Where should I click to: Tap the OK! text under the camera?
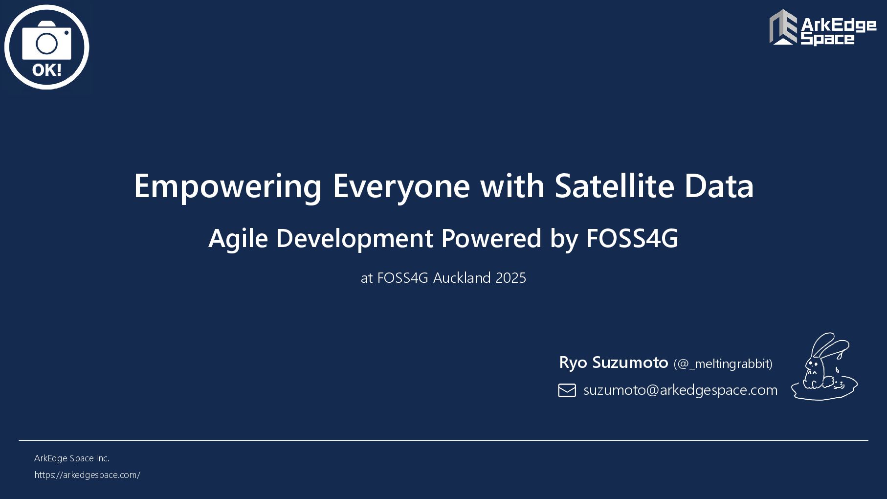[47, 70]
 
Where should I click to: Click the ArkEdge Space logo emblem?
[783, 27]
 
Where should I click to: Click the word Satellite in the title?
[614, 186]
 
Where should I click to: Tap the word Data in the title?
[719, 186]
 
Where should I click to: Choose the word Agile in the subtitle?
[238, 239]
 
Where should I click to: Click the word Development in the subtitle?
[355, 239]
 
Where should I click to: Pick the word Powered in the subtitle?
[491, 238]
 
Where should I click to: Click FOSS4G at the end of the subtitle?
[632, 238]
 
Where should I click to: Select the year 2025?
[511, 278]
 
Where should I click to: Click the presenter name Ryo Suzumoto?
[613, 363]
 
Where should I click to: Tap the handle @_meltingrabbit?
[723, 364]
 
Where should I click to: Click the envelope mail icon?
[567, 390]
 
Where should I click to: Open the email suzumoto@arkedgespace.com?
[680, 390]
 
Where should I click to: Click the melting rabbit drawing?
[824, 367]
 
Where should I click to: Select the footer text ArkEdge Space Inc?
[72, 458]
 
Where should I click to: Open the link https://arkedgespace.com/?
[87, 475]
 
